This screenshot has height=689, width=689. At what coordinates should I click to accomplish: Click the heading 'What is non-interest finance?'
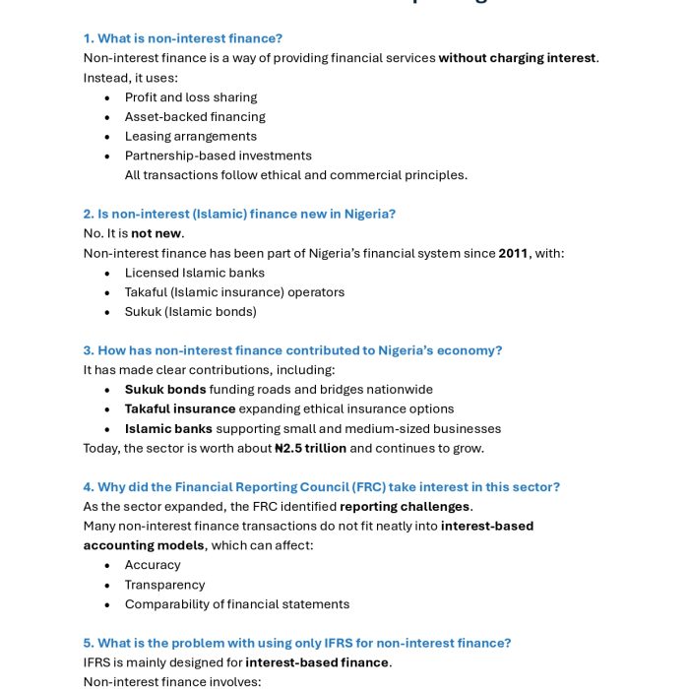(183, 38)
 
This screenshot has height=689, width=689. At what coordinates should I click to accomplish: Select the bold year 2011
(513, 253)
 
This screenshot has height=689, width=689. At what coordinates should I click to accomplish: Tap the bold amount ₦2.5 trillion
(310, 448)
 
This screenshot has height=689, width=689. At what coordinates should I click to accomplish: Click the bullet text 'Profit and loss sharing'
(191, 97)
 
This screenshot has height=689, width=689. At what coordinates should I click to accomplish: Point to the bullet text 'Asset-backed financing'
(195, 117)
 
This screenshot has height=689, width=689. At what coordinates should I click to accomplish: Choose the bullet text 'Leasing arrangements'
(191, 136)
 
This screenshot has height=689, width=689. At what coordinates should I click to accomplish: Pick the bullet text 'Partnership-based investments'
(219, 156)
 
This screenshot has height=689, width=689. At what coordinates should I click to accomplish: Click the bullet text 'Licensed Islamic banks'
(195, 273)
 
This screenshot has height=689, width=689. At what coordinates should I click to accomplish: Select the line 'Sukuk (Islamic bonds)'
(191, 311)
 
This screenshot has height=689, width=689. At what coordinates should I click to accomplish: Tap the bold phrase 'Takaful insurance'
(180, 408)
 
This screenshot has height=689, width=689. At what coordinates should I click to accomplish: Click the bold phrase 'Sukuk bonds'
(165, 389)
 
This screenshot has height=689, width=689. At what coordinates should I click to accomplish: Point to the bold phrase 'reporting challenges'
(405, 506)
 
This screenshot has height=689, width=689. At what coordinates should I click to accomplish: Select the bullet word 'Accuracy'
(153, 565)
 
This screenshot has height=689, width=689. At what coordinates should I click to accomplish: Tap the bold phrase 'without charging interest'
(517, 58)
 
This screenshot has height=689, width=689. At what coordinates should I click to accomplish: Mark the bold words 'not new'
(157, 233)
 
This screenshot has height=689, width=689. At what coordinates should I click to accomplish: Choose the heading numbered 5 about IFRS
(297, 643)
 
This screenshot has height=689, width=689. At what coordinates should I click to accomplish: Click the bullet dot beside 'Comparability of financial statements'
(106, 604)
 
